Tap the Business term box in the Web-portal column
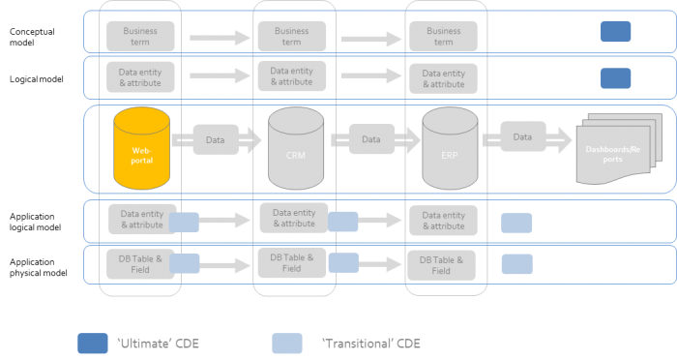pos(140,37)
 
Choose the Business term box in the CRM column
pos(291,37)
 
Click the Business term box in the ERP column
pos(443,37)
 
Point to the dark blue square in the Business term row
pos(615,32)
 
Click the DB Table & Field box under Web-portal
pos(140,264)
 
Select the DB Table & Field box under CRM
pos(291,262)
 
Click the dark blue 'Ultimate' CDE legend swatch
pos(93,344)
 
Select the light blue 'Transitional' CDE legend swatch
pos(286,344)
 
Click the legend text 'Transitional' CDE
pos(370,344)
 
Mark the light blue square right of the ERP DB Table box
pos(516,264)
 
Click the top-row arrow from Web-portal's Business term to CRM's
pos(221,39)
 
